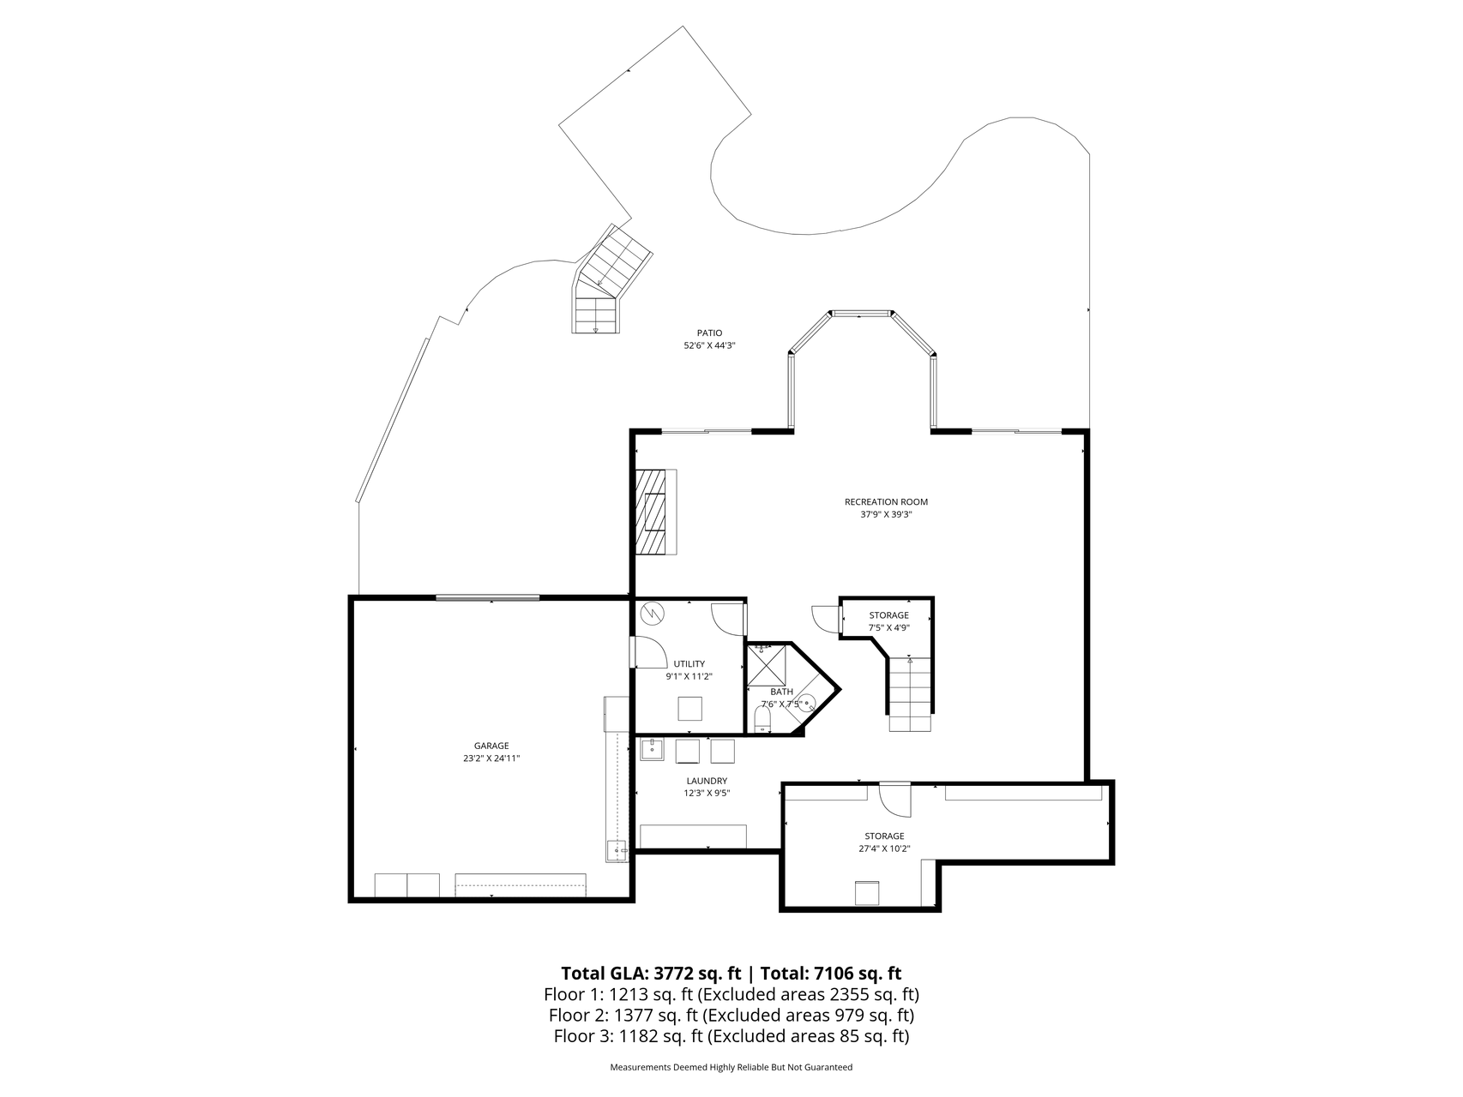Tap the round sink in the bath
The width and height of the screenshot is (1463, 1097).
pos(806,704)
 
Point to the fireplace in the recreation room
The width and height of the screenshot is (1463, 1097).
pos(656,512)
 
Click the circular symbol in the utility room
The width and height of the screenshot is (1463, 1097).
pos(653,613)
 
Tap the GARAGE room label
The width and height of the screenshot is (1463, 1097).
pos(491,746)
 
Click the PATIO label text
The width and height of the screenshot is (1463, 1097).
pos(709,333)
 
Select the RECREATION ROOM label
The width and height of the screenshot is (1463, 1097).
pos(886,502)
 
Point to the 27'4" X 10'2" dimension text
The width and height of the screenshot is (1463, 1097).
pos(884,848)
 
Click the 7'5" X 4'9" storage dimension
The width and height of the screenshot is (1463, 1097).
pos(888,627)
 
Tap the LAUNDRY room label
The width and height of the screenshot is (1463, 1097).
pos(707,781)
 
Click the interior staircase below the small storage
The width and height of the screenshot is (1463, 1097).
pos(909,693)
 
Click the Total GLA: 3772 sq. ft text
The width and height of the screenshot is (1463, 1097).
pos(651,974)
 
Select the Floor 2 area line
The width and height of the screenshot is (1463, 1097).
pos(731,1016)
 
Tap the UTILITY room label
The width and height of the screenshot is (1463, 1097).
pos(689,663)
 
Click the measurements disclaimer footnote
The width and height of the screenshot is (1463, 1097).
pos(731,1068)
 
